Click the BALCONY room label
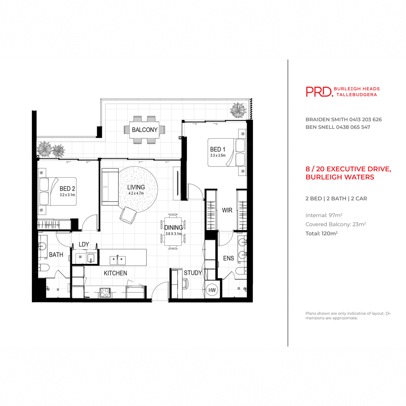144,130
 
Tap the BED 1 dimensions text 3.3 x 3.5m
218,155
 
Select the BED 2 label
67,189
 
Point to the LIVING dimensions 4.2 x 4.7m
136,193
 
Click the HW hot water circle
212,290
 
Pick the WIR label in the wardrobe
227,210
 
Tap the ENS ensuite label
228,258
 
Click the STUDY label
193,273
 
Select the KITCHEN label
115,273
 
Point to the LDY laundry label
84,244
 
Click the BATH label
56,255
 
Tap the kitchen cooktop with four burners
105,292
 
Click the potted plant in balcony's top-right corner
238,110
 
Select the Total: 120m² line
321,233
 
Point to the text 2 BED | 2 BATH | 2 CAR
336,199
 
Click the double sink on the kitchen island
117,260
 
